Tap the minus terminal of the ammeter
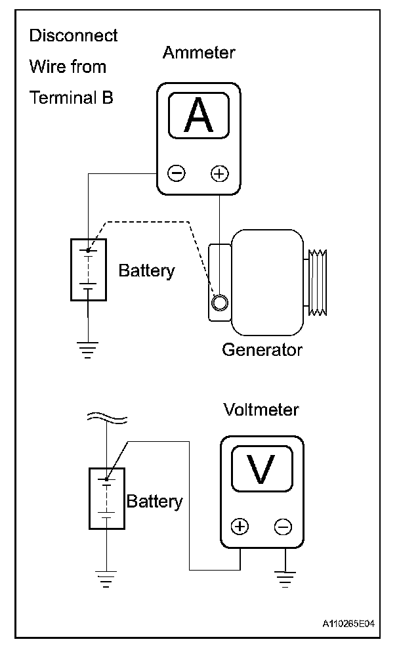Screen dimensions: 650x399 pos(177,173)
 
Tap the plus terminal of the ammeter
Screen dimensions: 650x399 pos(219,173)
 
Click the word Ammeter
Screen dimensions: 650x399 pos(199,53)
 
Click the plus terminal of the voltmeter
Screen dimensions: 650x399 pos(241,527)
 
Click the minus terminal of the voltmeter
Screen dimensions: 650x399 pos(283,527)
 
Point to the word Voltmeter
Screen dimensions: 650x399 pos(261,410)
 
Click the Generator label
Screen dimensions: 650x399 pos(262,349)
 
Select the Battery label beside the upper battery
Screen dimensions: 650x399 pos(147,271)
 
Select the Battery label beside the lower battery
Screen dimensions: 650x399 pos(154,502)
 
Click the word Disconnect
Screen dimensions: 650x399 pos(73,35)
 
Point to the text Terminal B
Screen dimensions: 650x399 pos(72,98)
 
